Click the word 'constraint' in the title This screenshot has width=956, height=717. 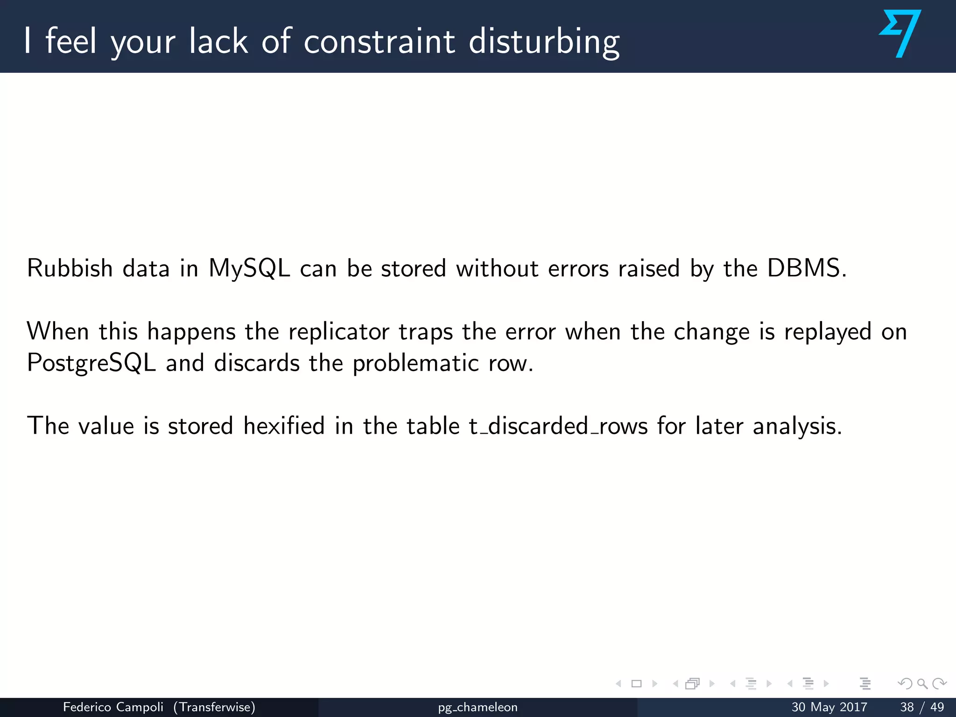[x=379, y=41]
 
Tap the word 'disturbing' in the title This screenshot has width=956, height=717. [x=544, y=42]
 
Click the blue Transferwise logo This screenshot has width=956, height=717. [x=900, y=34]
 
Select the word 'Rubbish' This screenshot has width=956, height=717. [x=70, y=268]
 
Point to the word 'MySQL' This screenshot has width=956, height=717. [x=249, y=269]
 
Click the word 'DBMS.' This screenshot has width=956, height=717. [x=807, y=268]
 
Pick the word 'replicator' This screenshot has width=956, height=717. [x=339, y=332]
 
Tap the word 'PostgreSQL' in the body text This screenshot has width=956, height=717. [x=91, y=364]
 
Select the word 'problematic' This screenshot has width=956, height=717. [x=415, y=364]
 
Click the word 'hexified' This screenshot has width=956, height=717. [x=284, y=426]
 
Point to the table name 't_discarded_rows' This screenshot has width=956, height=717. [x=558, y=426]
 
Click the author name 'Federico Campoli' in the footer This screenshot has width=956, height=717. [x=113, y=707]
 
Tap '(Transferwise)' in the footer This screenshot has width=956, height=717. [x=214, y=707]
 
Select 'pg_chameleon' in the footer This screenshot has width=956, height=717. [x=478, y=708]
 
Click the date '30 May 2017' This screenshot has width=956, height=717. [x=829, y=707]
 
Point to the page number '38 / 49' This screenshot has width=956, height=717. [x=922, y=707]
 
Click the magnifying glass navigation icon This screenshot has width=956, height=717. [x=922, y=684]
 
